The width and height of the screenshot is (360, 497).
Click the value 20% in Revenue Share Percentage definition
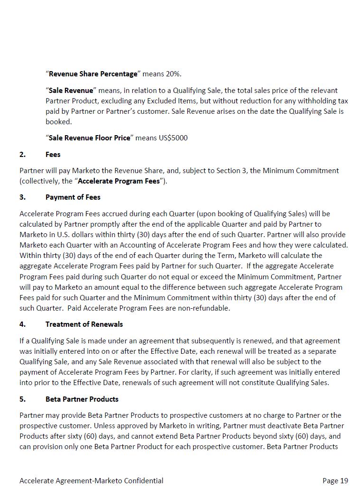coord(173,74)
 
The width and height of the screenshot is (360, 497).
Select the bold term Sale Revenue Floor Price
coord(89,138)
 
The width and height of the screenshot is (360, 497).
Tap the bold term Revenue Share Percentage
coord(93,74)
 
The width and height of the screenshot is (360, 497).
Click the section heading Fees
coord(53,155)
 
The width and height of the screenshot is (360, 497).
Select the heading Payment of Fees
coord(73,197)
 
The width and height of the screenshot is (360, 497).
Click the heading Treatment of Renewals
coord(84,324)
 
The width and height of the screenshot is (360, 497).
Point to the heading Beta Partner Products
coord(82,399)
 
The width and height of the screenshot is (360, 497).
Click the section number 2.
coord(23,155)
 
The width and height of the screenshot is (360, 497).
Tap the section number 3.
coord(23,197)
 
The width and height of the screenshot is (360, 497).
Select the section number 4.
coord(23,324)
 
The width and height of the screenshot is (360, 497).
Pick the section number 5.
coord(23,399)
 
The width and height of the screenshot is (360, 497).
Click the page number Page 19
coord(335,481)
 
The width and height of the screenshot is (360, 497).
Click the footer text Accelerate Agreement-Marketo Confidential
coord(92,481)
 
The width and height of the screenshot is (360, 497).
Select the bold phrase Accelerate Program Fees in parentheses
coord(119,181)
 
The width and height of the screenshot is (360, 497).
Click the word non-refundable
coord(206,308)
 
